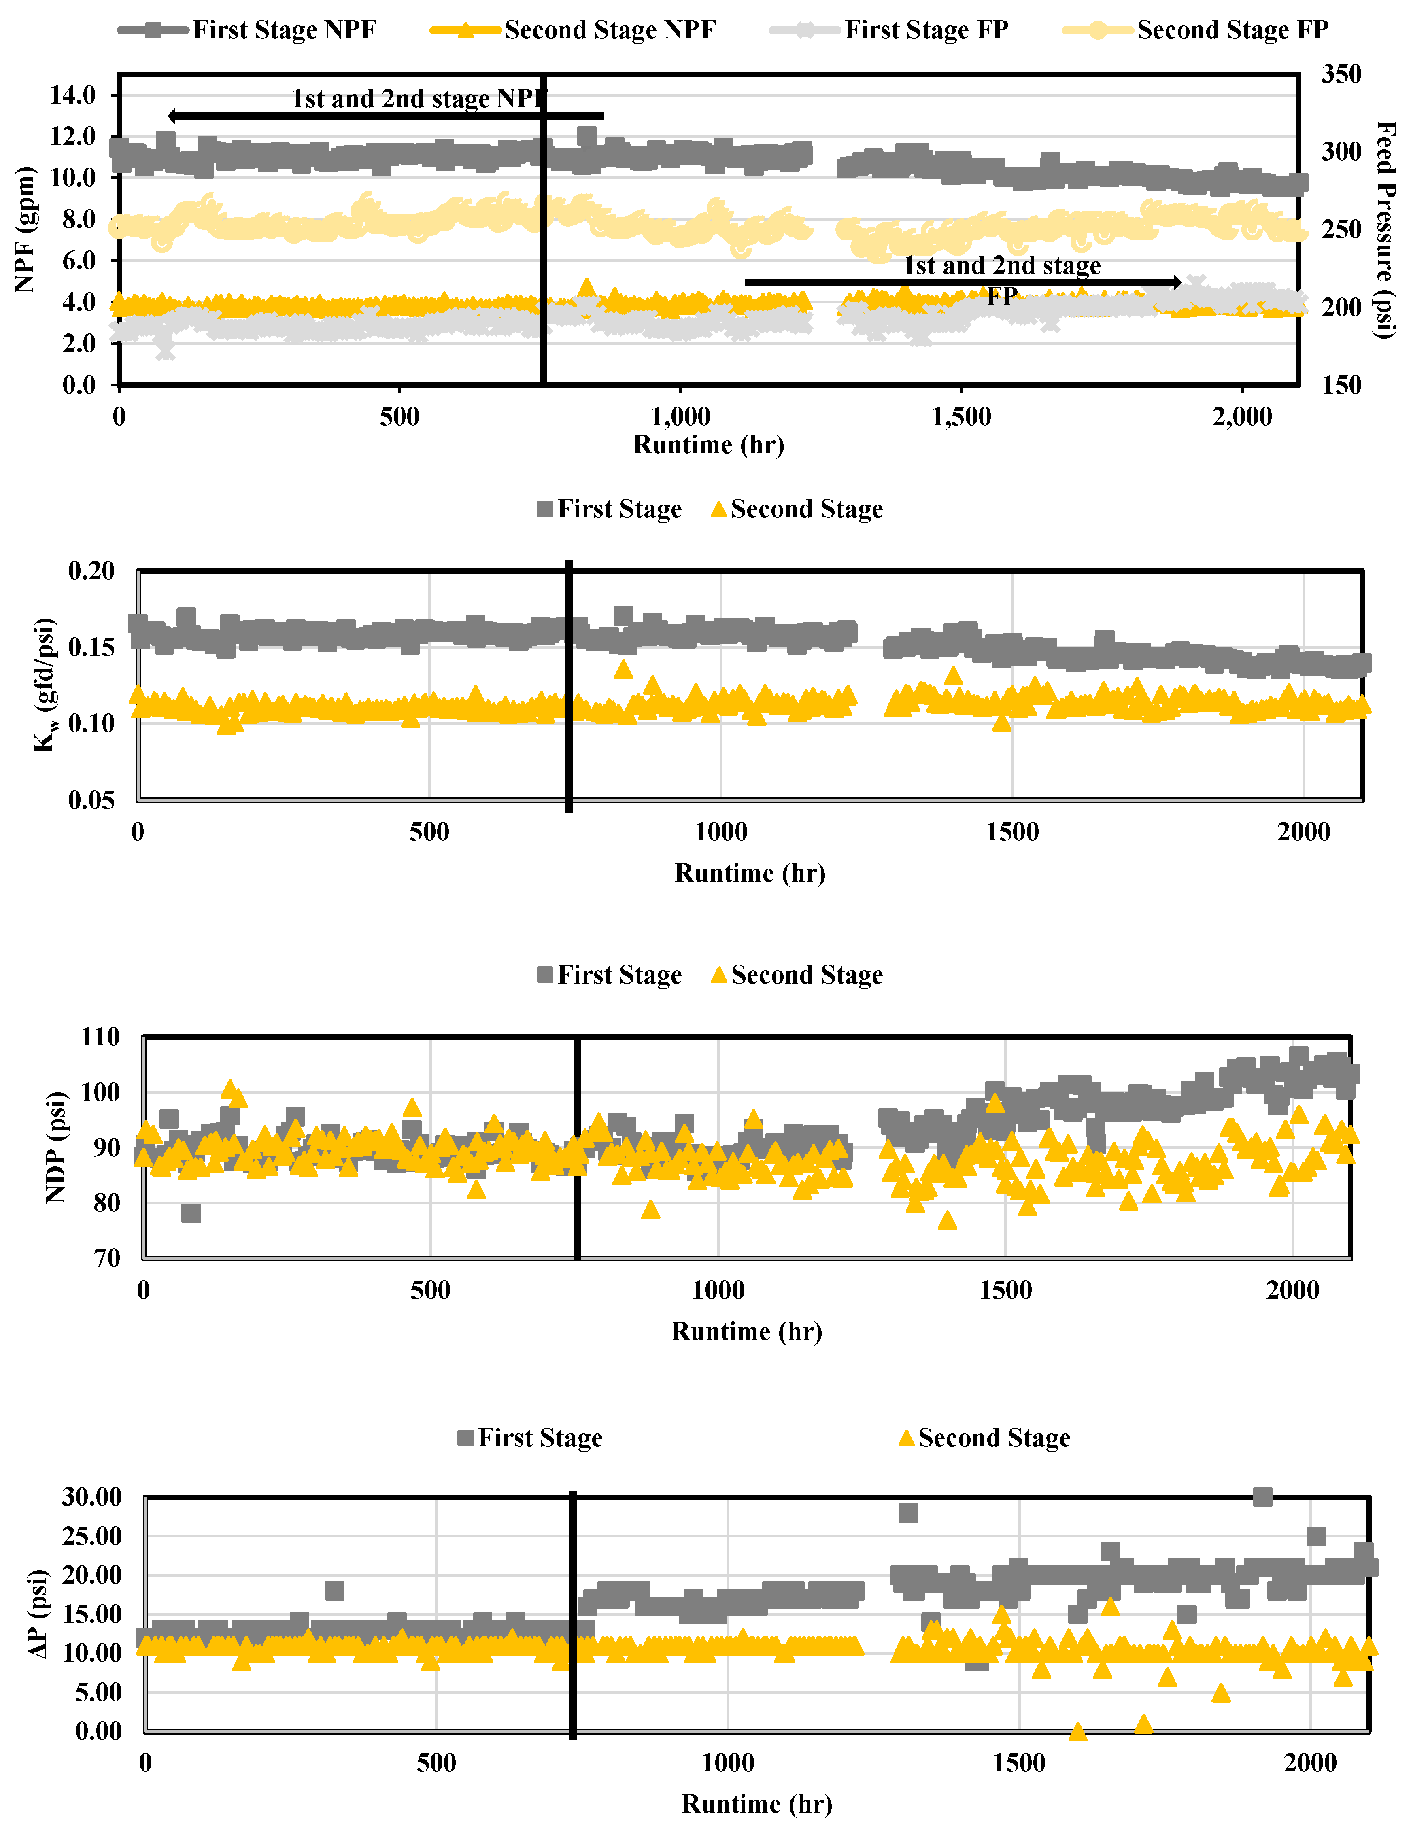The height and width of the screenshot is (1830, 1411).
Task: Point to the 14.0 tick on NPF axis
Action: [x=73, y=95]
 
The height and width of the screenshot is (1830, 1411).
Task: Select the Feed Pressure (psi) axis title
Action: [x=1385, y=229]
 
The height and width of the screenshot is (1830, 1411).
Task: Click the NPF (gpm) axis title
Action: [x=25, y=229]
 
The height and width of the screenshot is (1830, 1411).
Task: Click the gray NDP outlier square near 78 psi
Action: [x=191, y=1213]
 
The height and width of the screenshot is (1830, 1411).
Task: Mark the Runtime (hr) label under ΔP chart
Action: [x=756, y=1803]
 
